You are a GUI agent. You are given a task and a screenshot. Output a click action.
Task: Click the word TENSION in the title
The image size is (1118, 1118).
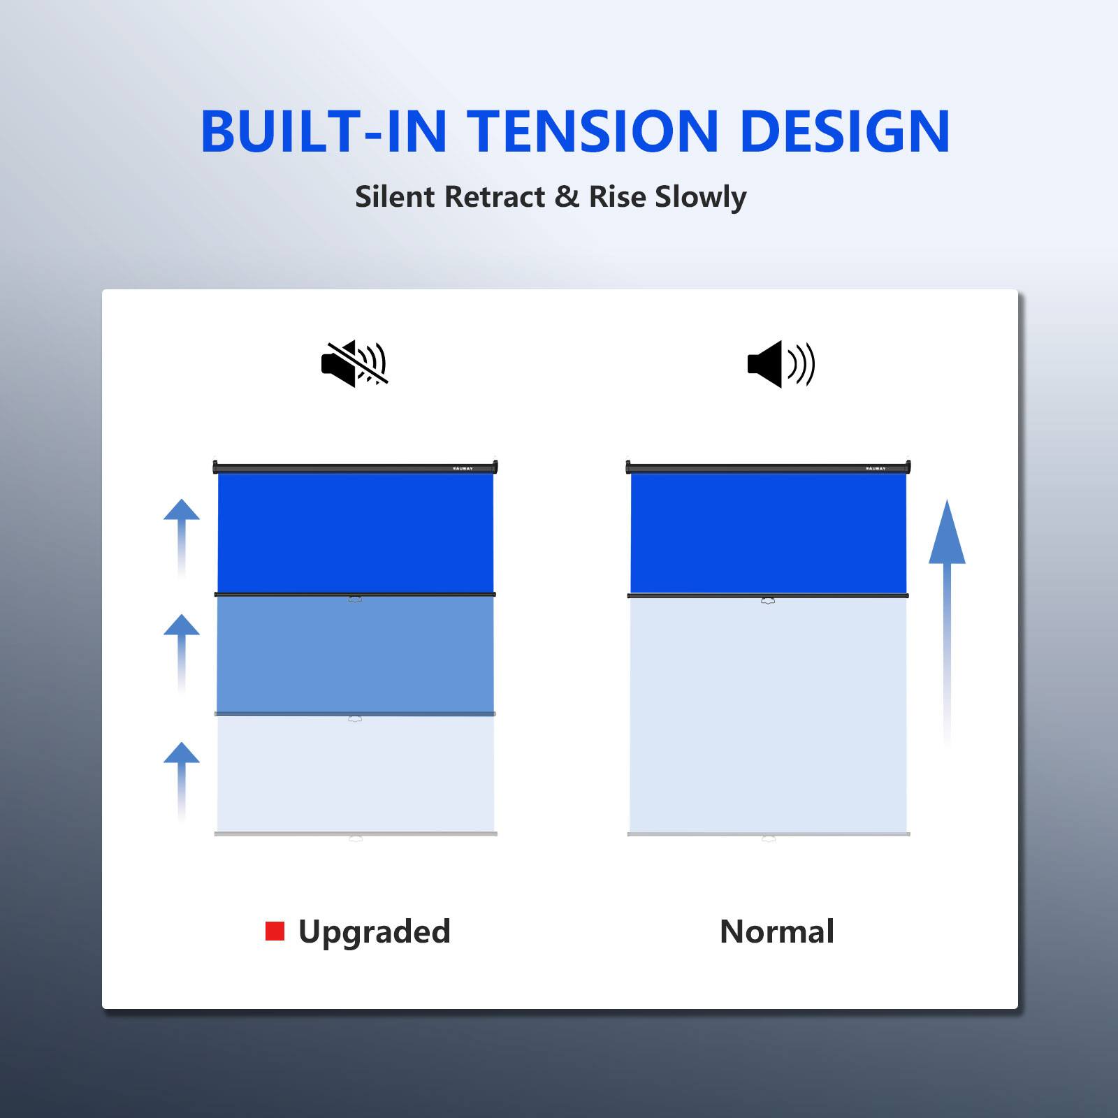pos(592,131)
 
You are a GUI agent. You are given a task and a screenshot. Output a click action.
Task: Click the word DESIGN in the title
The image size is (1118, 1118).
pos(845,131)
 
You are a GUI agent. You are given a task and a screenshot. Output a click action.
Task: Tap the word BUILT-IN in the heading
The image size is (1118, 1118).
pos(324,131)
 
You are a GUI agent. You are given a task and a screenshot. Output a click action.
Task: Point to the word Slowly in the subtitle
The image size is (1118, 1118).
pos(701,198)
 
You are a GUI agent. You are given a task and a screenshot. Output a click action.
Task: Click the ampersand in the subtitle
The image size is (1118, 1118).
pos(567,197)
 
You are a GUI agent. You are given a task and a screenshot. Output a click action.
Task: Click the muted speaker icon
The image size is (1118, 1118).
pos(354,363)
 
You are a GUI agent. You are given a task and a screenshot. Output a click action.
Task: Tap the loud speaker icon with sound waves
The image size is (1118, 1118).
pos(781,364)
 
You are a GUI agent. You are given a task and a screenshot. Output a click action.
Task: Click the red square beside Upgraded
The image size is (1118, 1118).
pos(275,931)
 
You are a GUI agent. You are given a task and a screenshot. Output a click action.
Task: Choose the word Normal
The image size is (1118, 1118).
pos(777,931)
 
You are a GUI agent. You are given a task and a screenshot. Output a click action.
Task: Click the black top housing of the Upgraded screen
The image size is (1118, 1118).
pos(355,467)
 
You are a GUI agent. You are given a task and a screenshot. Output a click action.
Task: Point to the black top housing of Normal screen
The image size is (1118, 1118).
pos(768,467)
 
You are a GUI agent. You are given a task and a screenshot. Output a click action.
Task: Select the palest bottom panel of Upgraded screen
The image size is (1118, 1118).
pos(355,774)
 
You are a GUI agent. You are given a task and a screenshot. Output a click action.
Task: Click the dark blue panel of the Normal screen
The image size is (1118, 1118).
pos(768,533)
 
